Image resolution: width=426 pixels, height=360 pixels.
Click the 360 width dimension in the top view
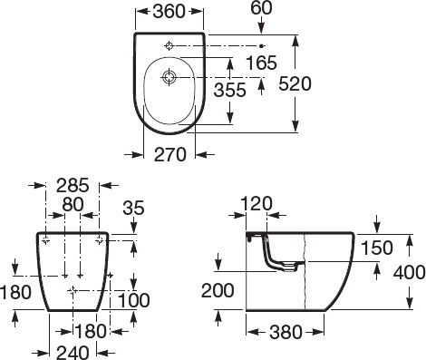point(169,12)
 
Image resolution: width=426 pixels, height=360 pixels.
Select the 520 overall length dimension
point(295,83)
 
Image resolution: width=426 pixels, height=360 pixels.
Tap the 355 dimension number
point(230,90)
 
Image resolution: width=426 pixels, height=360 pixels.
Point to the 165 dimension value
point(261,63)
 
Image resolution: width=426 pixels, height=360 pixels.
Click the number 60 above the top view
point(261,8)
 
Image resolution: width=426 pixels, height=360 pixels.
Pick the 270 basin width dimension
point(170,154)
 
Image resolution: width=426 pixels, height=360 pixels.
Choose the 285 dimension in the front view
point(73,185)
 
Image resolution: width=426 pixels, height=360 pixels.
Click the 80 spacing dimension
point(73,204)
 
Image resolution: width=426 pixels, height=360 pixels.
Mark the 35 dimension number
point(134,208)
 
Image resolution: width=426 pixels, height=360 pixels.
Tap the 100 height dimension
point(133,300)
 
